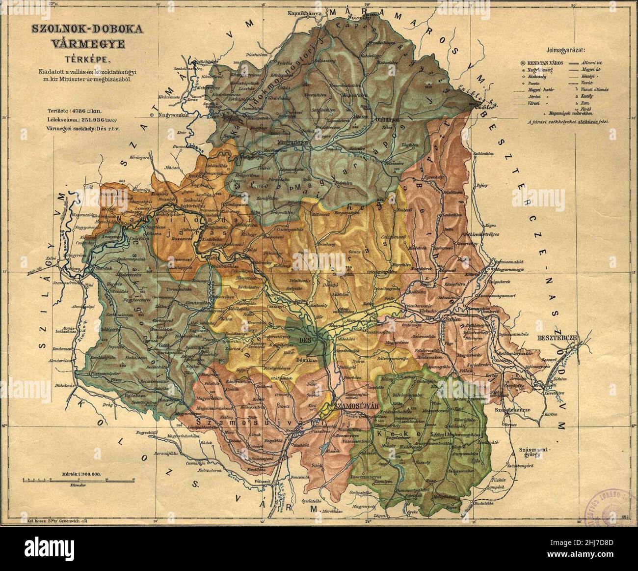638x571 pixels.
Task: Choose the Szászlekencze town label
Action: (x=514, y=409)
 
